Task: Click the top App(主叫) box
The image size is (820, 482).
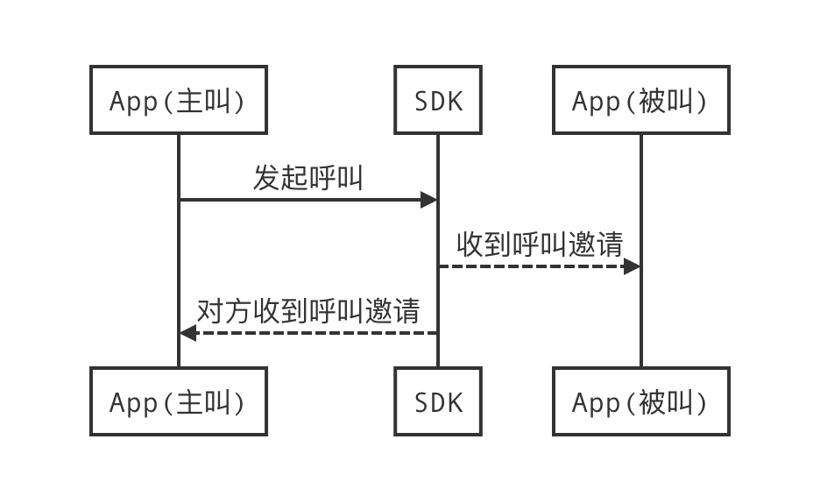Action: click(178, 101)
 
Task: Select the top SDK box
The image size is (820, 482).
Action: click(437, 101)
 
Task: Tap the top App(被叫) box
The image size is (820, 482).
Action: click(640, 101)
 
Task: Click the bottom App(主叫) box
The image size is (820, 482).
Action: click(178, 401)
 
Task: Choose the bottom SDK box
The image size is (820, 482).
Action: click(437, 401)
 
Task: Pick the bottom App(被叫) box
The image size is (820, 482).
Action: click(640, 401)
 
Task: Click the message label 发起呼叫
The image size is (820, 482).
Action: click(307, 178)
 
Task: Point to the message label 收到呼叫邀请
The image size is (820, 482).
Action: click(539, 245)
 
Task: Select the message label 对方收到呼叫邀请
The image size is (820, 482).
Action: click(307, 311)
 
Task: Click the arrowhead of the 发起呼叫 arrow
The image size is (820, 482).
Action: click(429, 200)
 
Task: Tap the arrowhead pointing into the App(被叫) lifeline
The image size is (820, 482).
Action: click(632, 266)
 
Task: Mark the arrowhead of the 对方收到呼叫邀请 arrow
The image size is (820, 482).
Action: click(187, 333)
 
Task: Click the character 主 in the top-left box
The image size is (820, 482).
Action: click(190, 102)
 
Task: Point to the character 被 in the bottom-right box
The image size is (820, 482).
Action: click(653, 402)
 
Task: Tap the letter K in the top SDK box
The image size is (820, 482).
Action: click(453, 102)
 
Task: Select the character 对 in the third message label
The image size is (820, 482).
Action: click(209, 311)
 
